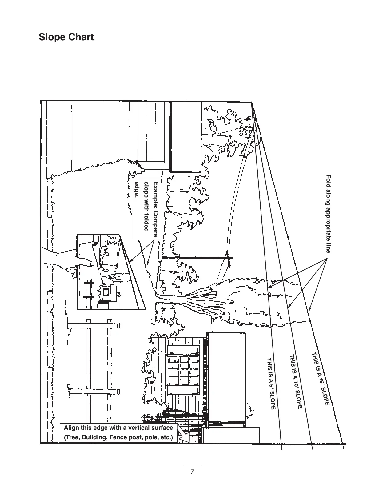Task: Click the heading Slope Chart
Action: click(66, 37)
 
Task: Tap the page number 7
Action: click(192, 472)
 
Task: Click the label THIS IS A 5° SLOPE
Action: click(271, 384)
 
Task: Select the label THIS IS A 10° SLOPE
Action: click(295, 382)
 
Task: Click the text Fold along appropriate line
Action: click(328, 214)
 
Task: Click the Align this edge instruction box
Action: click(118, 433)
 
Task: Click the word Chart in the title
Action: click(81, 37)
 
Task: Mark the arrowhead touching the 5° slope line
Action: click(269, 287)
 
